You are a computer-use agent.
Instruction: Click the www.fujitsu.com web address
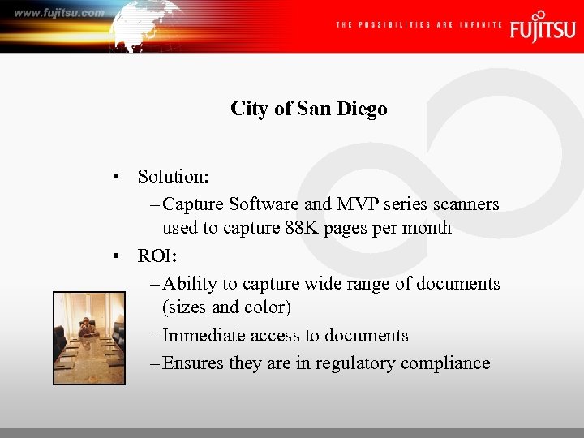[x=59, y=13]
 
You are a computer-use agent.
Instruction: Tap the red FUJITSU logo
[x=543, y=26]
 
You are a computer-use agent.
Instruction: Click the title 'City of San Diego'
[x=308, y=109]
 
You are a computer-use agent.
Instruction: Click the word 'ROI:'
[x=157, y=256]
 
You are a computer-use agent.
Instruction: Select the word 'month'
[x=427, y=228]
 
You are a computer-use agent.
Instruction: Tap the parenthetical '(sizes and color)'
[x=226, y=307]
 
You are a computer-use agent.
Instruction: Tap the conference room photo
[x=89, y=338]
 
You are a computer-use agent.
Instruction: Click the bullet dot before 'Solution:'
[x=118, y=177]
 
